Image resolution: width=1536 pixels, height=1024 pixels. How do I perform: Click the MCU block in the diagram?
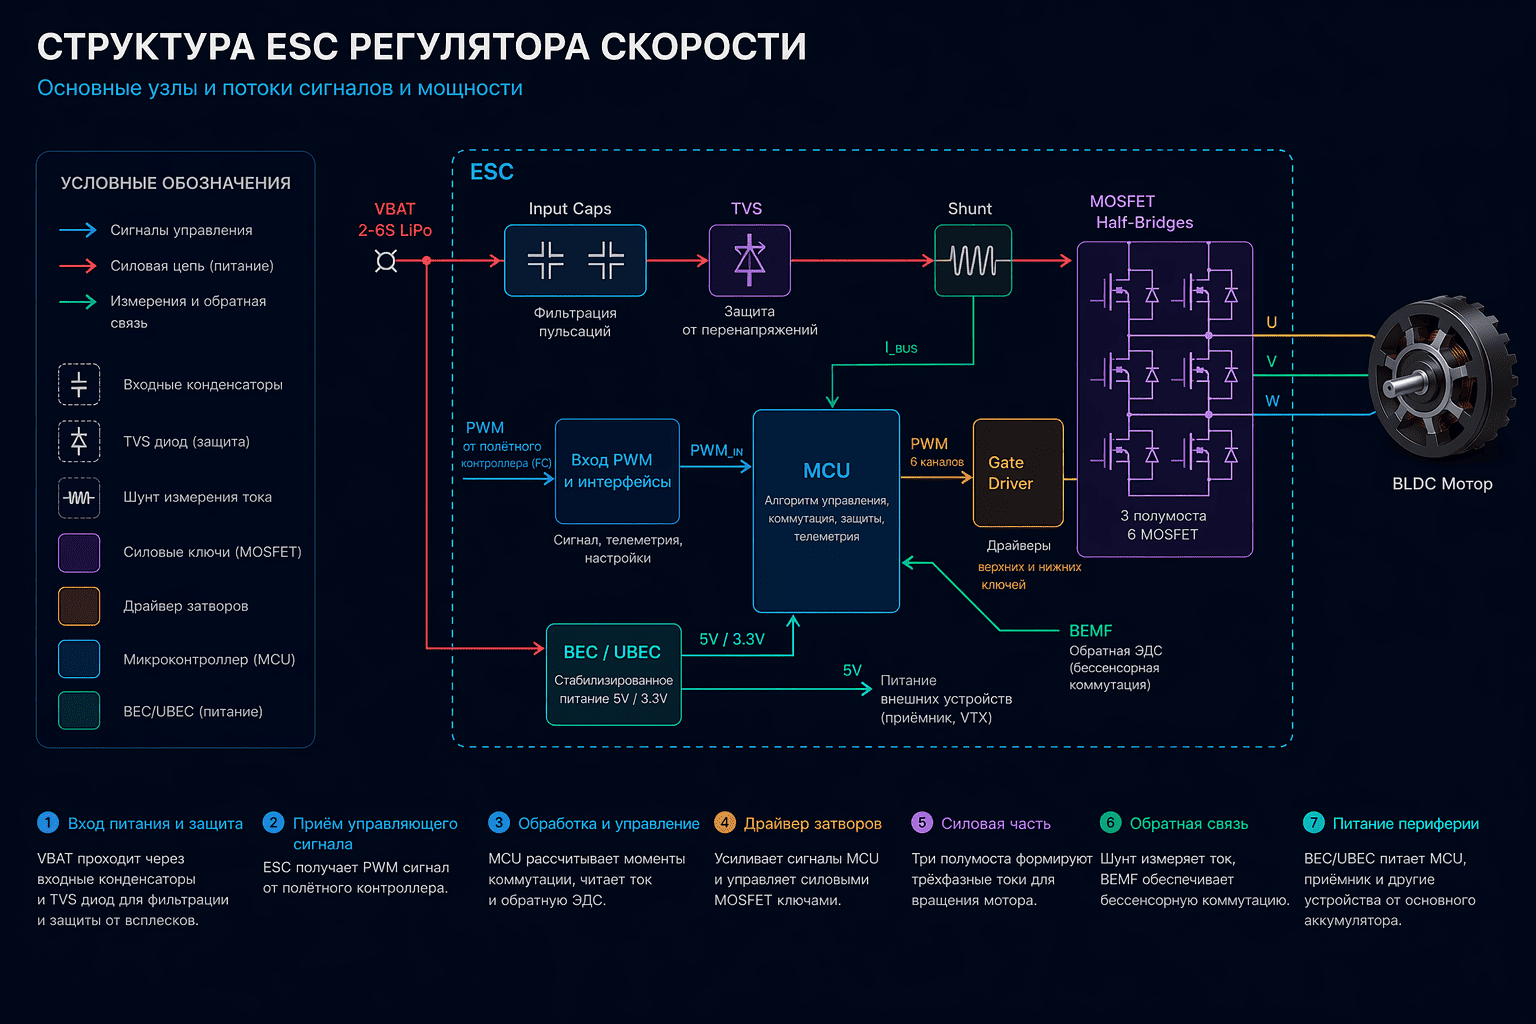click(x=826, y=511)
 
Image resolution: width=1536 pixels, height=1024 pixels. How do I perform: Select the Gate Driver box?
click(x=1018, y=473)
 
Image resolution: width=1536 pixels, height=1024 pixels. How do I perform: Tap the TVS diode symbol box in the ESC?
click(x=749, y=261)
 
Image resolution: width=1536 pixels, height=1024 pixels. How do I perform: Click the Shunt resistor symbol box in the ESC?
click(x=973, y=261)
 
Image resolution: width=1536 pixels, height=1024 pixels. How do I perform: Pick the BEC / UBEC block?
click(x=614, y=674)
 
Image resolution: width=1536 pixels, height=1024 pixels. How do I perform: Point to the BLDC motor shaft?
click(x=1402, y=383)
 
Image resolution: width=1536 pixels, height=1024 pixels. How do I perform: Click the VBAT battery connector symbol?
click(x=386, y=261)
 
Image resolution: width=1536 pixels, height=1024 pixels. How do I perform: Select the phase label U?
click(x=1271, y=322)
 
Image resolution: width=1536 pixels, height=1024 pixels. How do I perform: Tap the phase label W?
click(x=1272, y=401)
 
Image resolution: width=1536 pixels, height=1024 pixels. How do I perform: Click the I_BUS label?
click(x=901, y=348)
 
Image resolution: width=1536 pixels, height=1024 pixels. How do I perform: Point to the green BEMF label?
click(x=1090, y=630)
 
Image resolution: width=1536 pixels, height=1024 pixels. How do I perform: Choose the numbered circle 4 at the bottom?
click(x=725, y=822)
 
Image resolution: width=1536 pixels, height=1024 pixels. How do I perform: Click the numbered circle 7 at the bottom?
click(x=1314, y=822)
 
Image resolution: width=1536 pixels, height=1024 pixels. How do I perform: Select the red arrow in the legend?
click(x=77, y=265)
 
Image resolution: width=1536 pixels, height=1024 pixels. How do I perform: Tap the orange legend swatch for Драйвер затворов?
click(x=79, y=606)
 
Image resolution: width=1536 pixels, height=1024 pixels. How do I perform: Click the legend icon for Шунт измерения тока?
click(x=79, y=498)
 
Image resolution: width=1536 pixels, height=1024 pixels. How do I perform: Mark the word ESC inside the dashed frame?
click(x=492, y=171)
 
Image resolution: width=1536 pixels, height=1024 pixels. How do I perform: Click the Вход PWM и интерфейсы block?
click(x=617, y=471)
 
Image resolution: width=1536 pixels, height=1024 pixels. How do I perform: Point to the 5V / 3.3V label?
click(x=732, y=639)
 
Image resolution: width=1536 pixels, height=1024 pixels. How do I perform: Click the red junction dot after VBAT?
click(x=427, y=261)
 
